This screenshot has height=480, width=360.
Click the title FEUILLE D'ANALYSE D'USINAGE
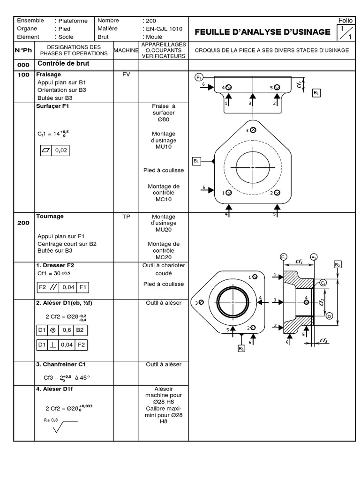pos(262,31)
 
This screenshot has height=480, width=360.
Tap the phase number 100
pos(23,75)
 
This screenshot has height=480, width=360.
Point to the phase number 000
pos(23,65)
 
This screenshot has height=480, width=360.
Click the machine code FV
pos(126,75)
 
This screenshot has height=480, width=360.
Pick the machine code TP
pos(126,217)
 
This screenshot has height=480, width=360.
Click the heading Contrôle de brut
pos(63,63)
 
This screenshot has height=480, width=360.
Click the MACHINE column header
pos(126,50)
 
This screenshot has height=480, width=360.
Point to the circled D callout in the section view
pos(330,316)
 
